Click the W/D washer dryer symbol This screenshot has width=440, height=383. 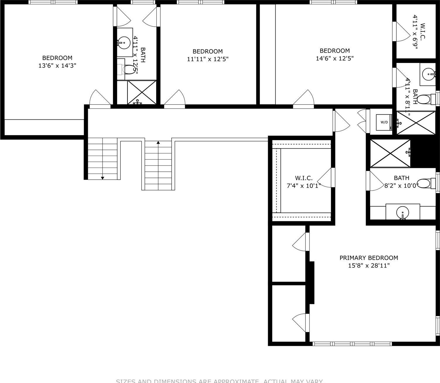point(384,122)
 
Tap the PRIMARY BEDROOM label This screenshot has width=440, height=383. point(369,258)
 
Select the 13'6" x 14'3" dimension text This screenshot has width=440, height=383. point(57,66)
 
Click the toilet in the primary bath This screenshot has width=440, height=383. point(424,184)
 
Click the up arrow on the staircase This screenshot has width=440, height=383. point(158,143)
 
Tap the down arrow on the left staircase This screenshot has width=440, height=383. point(103,177)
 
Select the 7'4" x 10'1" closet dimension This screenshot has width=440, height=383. point(303,185)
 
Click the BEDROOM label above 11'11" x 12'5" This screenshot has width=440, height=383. point(207,51)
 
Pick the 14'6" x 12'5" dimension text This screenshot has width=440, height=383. point(335,58)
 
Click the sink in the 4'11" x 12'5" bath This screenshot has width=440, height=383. point(124,42)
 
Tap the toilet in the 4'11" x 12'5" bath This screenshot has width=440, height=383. point(129,70)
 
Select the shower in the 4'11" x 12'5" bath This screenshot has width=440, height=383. point(142,92)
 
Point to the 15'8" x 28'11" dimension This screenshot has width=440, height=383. point(369,266)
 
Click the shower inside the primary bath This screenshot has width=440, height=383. point(390,153)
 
